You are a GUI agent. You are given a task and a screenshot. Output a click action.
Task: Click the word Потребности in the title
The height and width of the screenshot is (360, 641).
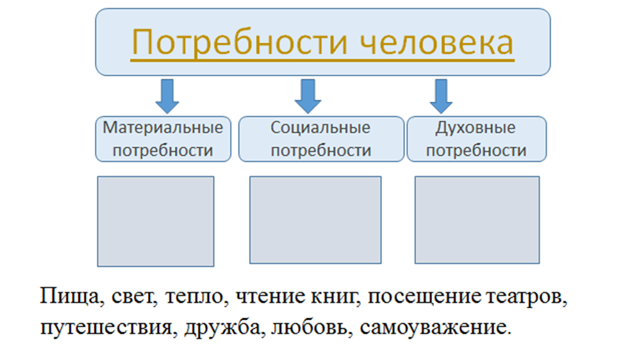[240, 43]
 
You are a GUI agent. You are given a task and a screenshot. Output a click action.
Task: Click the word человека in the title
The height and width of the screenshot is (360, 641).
[437, 43]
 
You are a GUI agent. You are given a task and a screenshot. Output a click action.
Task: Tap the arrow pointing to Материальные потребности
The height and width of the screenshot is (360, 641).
[167, 97]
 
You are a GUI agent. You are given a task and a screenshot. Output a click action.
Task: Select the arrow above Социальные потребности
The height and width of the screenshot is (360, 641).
[308, 97]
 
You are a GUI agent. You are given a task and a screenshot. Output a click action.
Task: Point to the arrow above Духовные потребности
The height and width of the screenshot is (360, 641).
[441, 97]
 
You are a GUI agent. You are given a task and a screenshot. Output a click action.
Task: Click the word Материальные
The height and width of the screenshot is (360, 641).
[163, 128]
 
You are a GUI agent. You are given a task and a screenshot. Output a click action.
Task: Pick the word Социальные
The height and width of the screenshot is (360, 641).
[320, 128]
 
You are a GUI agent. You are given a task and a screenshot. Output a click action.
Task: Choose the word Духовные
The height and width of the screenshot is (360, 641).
[476, 128]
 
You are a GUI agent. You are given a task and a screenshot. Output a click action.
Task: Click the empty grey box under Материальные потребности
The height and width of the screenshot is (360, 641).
[156, 222]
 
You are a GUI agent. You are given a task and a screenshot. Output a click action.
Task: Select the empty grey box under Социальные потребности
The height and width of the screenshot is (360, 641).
[315, 220]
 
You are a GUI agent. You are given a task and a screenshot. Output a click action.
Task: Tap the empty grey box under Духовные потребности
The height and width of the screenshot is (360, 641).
[477, 220]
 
